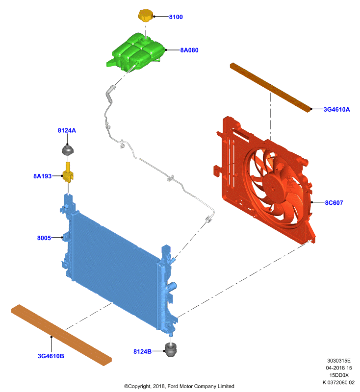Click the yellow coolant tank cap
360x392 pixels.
145,16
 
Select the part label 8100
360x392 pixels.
176,17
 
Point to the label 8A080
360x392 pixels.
189,50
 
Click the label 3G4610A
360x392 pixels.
337,109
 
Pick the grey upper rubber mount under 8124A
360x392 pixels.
68,150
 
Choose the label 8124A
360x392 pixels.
67,130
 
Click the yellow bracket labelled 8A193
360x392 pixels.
68,173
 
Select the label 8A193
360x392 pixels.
43,176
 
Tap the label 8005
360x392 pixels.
44,238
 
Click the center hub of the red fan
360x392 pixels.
275,187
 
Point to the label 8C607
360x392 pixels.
334,203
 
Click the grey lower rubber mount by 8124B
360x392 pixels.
171,350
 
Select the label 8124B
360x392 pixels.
142,351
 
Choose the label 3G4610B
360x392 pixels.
51,356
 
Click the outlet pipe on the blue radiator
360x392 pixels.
172,286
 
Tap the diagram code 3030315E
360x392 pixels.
339,361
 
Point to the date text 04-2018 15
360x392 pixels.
339,368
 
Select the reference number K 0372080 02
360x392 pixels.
338,383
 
